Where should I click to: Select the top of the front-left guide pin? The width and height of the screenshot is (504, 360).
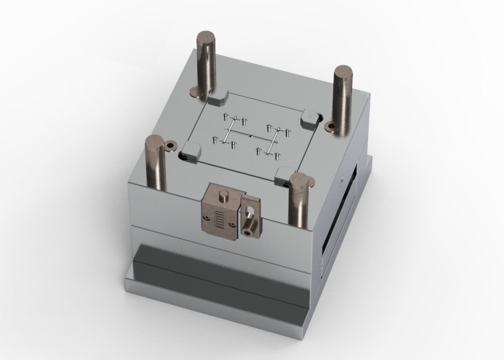point(155,140)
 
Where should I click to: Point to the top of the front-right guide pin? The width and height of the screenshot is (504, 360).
point(300,177)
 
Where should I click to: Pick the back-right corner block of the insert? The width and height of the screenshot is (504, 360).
point(312,115)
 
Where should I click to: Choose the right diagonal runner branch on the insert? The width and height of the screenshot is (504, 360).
point(271,141)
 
